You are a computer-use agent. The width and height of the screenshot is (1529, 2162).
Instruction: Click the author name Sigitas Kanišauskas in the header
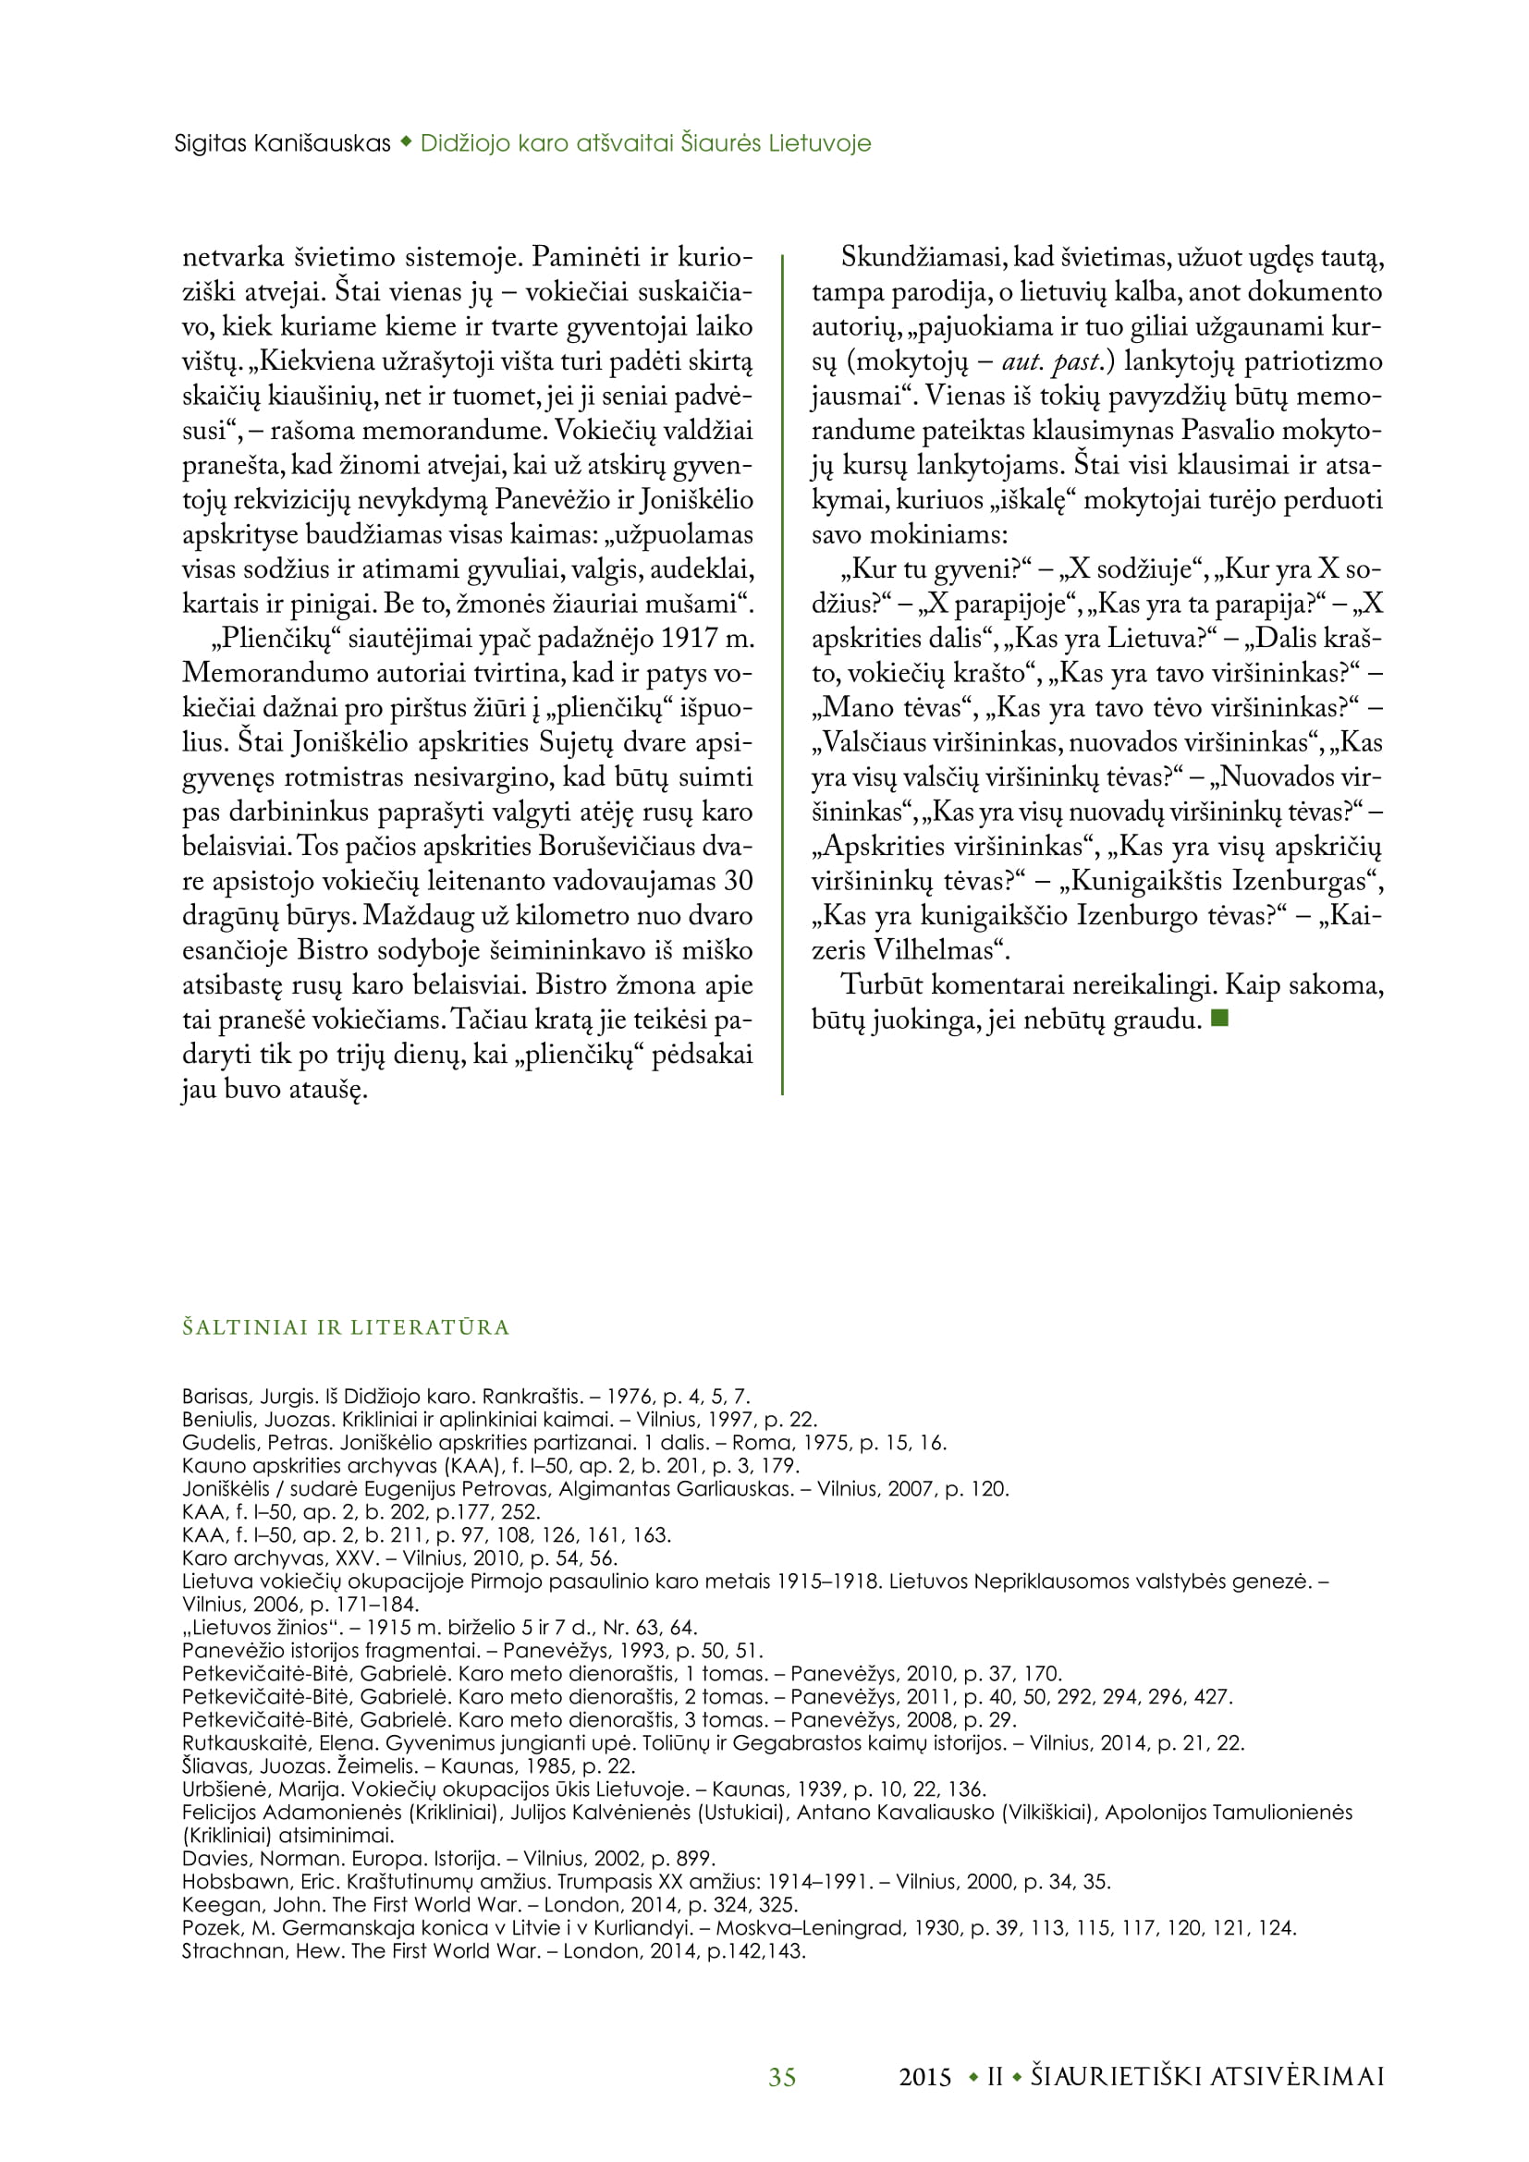(x=283, y=143)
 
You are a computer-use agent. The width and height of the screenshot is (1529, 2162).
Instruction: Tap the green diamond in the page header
(x=406, y=142)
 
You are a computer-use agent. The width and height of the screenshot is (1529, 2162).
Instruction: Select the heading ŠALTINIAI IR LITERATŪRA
(x=346, y=1327)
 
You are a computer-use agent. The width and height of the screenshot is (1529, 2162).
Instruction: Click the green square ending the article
(x=1220, y=1018)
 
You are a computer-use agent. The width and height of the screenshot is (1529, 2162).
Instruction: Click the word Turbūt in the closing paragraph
(x=881, y=984)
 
